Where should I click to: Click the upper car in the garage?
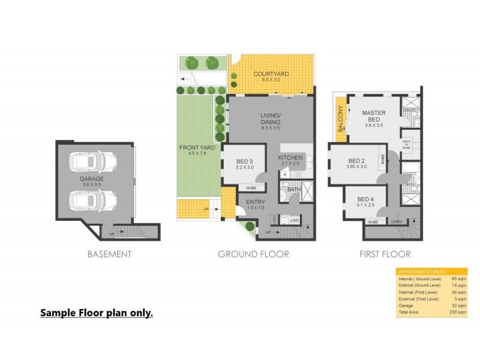tap(92, 162)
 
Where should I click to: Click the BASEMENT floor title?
tap(109, 254)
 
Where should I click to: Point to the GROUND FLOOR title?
tap(253, 254)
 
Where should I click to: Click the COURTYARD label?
tap(271, 74)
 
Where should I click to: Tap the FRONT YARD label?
tap(193, 147)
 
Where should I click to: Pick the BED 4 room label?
tap(366, 199)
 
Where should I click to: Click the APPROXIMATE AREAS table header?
tap(418, 272)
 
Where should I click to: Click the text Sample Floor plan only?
tap(96, 313)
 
